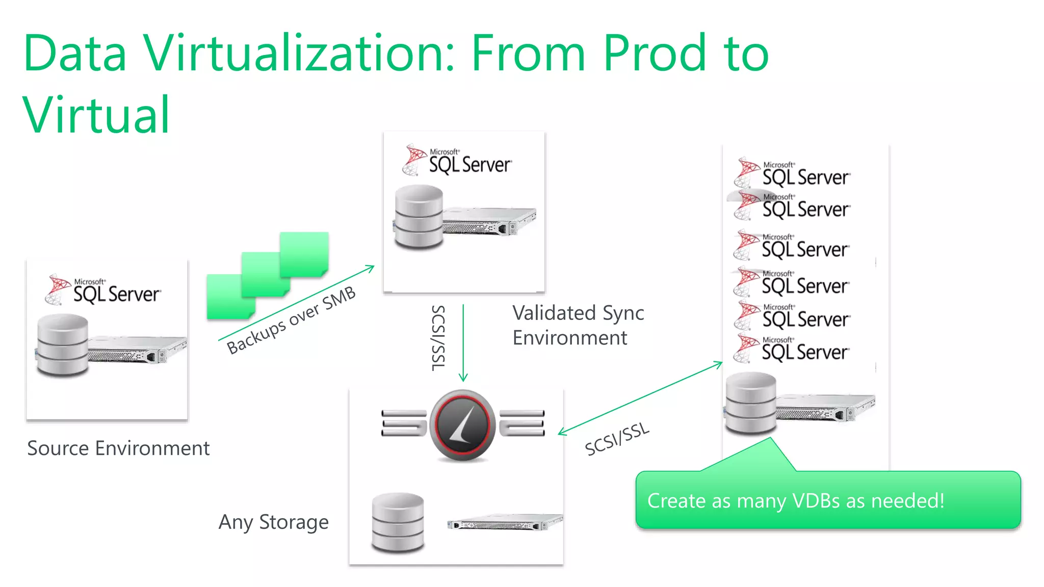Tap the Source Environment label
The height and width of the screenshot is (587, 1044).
click(118, 448)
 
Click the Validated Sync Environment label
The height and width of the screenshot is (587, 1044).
click(578, 325)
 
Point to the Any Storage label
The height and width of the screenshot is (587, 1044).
click(274, 522)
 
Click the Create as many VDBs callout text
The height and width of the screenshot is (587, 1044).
click(796, 501)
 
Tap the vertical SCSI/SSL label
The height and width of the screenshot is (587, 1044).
click(438, 338)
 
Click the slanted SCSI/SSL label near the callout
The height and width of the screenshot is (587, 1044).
click(617, 439)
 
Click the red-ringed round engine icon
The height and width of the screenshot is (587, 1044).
click(462, 425)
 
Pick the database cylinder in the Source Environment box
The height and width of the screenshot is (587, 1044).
click(63, 345)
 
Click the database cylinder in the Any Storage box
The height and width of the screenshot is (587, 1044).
click(398, 522)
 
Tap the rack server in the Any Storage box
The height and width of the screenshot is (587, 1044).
click(505, 522)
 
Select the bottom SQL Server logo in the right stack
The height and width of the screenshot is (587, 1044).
click(791, 349)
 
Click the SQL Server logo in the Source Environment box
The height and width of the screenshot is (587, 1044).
click(103, 290)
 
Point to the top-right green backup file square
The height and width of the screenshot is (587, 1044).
click(304, 253)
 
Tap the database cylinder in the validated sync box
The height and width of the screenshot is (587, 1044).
click(419, 217)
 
